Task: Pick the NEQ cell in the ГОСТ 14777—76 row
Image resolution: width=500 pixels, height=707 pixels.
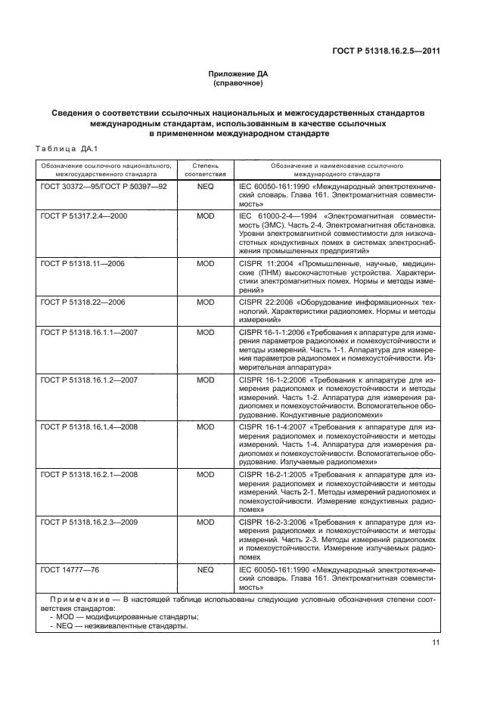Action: coord(206,568)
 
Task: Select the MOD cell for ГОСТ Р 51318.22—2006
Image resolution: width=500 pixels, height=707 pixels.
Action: coord(206,302)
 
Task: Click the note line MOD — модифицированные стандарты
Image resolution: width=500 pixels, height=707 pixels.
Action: coord(117,616)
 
